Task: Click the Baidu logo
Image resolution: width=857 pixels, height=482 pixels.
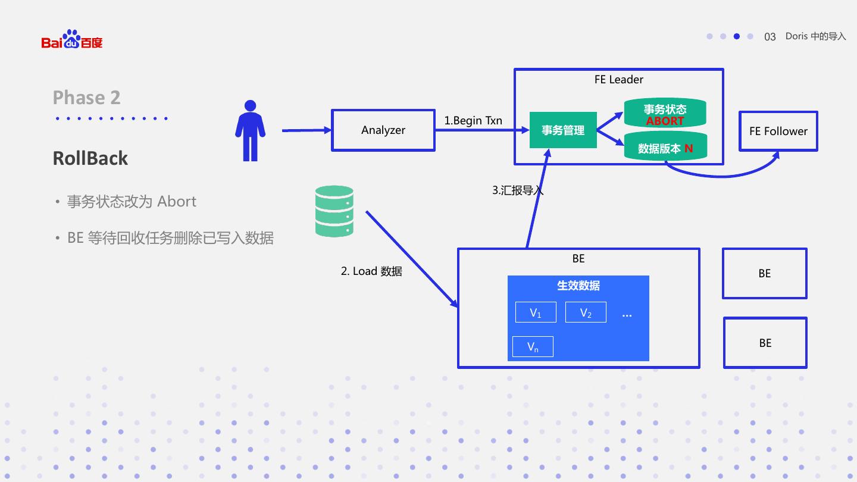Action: click(72, 40)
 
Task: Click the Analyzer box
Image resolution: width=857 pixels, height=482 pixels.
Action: click(383, 130)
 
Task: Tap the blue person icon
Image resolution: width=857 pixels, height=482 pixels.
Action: click(250, 131)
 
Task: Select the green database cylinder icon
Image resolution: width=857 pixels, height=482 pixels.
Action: click(334, 211)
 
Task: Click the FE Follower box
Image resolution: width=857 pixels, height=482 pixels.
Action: click(778, 132)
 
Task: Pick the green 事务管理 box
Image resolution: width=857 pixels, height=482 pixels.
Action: click(563, 130)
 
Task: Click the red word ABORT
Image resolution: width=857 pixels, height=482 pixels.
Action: click(665, 121)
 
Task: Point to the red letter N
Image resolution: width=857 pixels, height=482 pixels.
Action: click(689, 149)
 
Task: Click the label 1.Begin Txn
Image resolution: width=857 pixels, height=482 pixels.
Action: click(473, 121)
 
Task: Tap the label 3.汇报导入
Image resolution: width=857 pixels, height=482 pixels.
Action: click(517, 190)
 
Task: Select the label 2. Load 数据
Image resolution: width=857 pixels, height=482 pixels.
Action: click(371, 271)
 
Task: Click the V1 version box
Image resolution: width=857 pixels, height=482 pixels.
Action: click(536, 312)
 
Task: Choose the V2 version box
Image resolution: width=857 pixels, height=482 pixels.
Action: click(586, 312)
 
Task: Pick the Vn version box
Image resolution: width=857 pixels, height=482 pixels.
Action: click(533, 346)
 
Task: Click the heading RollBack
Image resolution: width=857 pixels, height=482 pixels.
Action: click(90, 158)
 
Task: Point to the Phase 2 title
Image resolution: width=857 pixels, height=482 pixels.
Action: click(87, 98)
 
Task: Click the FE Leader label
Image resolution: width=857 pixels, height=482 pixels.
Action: click(619, 80)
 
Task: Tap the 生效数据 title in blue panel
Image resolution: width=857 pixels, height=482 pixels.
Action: click(578, 286)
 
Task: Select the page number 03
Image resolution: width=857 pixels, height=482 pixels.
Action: click(770, 37)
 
